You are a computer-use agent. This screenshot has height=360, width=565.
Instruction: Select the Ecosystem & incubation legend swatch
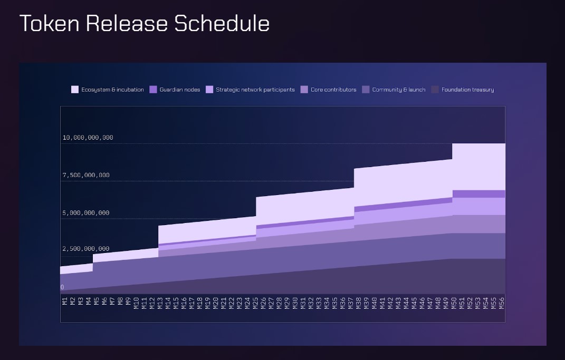pos(75,90)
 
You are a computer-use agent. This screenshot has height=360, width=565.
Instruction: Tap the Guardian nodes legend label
pos(180,90)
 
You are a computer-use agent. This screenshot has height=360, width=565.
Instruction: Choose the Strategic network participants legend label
pos(255,90)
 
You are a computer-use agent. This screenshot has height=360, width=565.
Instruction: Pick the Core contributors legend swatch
pos(304,90)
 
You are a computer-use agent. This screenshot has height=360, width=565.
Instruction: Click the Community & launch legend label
pos(399,90)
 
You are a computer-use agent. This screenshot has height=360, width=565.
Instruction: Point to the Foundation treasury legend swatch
pos(435,90)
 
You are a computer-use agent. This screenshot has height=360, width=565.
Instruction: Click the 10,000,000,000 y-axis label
pos(88,138)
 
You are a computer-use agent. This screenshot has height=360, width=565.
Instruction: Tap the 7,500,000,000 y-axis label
pos(86,175)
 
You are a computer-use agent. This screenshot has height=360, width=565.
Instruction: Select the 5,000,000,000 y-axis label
pos(86,213)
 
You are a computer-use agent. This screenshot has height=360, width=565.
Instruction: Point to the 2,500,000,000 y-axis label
pos(86,249)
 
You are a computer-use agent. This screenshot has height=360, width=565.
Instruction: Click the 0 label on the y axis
pos(62,287)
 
